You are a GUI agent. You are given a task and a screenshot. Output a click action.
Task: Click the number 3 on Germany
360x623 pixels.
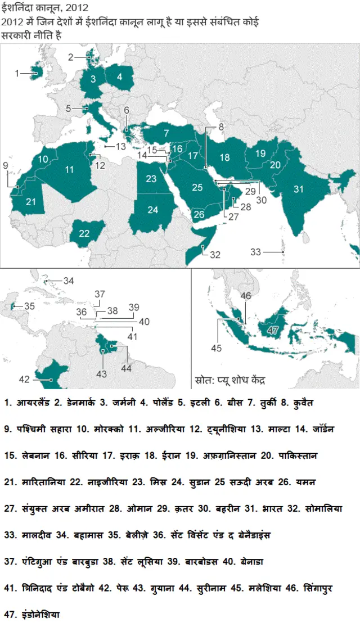coord(93,79)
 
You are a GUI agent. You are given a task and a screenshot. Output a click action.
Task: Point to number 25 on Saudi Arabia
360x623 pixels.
coord(196,187)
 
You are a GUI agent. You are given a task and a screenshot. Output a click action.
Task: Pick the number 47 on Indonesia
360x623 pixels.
coord(273,329)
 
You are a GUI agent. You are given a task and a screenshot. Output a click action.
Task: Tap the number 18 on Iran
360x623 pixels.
coord(225,157)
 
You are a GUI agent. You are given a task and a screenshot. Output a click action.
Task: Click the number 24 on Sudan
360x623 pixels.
coord(153,210)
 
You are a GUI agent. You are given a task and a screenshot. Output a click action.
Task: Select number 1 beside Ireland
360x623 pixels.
coord(17,73)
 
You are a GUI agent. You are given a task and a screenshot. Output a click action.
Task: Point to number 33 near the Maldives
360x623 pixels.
coord(256,252)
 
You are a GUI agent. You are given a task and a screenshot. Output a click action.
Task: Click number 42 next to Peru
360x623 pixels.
coord(24,380)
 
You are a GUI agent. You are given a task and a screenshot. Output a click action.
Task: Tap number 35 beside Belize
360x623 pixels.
coord(29,306)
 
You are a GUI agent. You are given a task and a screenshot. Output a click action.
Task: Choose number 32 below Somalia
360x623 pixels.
coord(215,255)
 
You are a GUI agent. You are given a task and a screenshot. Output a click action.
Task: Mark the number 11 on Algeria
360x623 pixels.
coord(69,169)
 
